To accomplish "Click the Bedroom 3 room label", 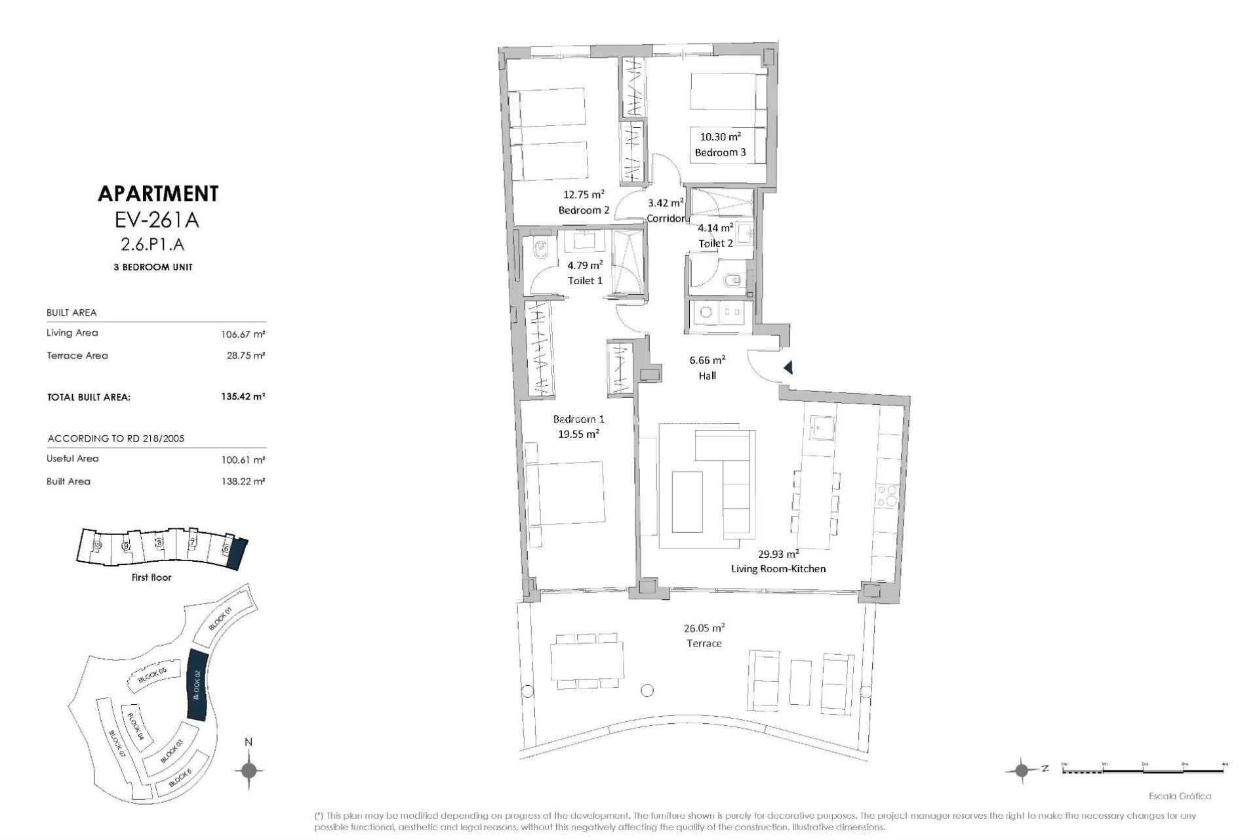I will (720, 152).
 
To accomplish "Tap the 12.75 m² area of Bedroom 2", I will (584, 194).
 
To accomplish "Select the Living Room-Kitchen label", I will (778, 568).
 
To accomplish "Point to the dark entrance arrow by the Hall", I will (788, 368).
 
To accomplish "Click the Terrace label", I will (704, 643).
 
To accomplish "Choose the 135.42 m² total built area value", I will (243, 396).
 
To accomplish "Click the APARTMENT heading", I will (157, 194).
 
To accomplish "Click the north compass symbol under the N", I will (249, 770).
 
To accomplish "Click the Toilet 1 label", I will (585, 280).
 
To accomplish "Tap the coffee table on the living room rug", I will (687, 501).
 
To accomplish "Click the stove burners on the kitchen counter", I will (887, 495).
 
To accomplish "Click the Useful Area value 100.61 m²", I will (243, 459).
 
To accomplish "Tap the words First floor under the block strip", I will (151, 577).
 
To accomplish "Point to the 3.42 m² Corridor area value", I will (666, 203).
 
